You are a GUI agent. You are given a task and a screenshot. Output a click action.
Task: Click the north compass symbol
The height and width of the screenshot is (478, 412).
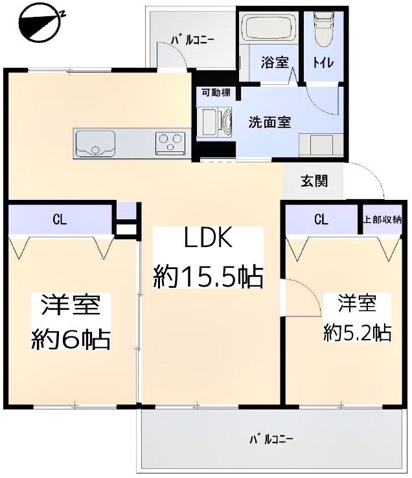[38, 25]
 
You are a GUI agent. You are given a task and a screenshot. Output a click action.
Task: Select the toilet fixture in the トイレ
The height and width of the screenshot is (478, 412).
[321, 29]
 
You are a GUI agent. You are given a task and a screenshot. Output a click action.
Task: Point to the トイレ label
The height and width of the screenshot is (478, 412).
[321, 63]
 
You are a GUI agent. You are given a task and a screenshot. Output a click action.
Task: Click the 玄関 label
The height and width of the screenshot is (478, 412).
[314, 180]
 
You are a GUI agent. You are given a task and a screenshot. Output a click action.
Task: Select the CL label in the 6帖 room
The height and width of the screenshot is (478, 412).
[60, 219]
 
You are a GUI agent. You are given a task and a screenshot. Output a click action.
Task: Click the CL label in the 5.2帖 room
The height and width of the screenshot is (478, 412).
[321, 219]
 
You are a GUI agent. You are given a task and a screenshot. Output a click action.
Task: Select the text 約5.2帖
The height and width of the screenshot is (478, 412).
[357, 332]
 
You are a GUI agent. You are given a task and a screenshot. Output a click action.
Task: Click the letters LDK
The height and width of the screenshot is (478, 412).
[208, 240]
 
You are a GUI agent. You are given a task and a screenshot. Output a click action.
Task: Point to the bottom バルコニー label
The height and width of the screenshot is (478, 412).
[271, 439]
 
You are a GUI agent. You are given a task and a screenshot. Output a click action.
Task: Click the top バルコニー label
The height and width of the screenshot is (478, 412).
[192, 39]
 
